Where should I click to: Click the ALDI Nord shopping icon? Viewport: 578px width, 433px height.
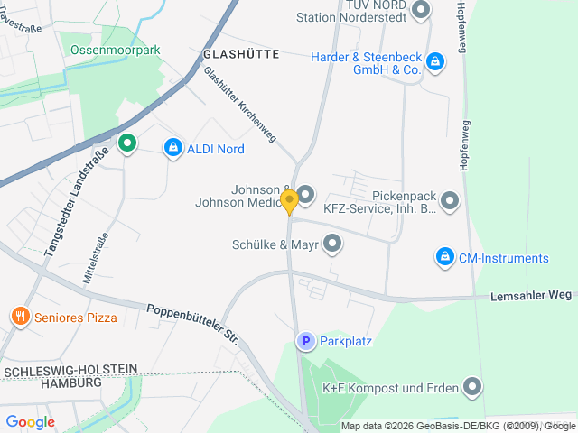172,147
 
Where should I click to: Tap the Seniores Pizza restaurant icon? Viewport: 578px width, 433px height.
20,317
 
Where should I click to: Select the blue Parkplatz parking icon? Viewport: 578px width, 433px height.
306,341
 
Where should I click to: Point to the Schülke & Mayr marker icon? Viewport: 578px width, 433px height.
332,243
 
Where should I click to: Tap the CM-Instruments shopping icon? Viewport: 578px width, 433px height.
443,258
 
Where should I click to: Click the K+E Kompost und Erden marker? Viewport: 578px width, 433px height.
471,388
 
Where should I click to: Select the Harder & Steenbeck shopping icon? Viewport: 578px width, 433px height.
435,61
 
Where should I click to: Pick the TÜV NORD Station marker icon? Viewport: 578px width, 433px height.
419,11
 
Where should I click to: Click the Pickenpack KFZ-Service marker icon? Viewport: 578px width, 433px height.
449,200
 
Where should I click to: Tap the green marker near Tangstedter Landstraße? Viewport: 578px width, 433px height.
127,143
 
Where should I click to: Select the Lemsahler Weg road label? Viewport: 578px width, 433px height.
532,295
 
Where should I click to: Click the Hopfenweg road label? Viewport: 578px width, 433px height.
461,27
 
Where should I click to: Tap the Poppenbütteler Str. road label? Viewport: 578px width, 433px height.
192,321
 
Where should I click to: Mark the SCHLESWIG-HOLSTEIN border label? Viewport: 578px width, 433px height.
70,370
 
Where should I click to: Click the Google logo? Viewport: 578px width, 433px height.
30,421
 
